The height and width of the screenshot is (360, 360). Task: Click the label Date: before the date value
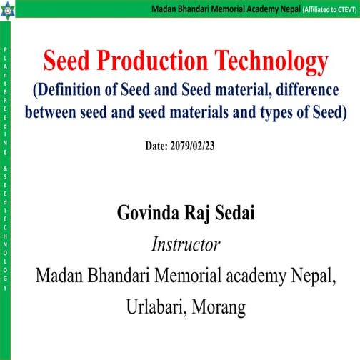point(156,145)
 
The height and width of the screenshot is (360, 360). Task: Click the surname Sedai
point(240,214)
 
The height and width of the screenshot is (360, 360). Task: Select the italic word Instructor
point(185,245)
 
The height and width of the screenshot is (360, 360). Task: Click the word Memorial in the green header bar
point(220,9)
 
